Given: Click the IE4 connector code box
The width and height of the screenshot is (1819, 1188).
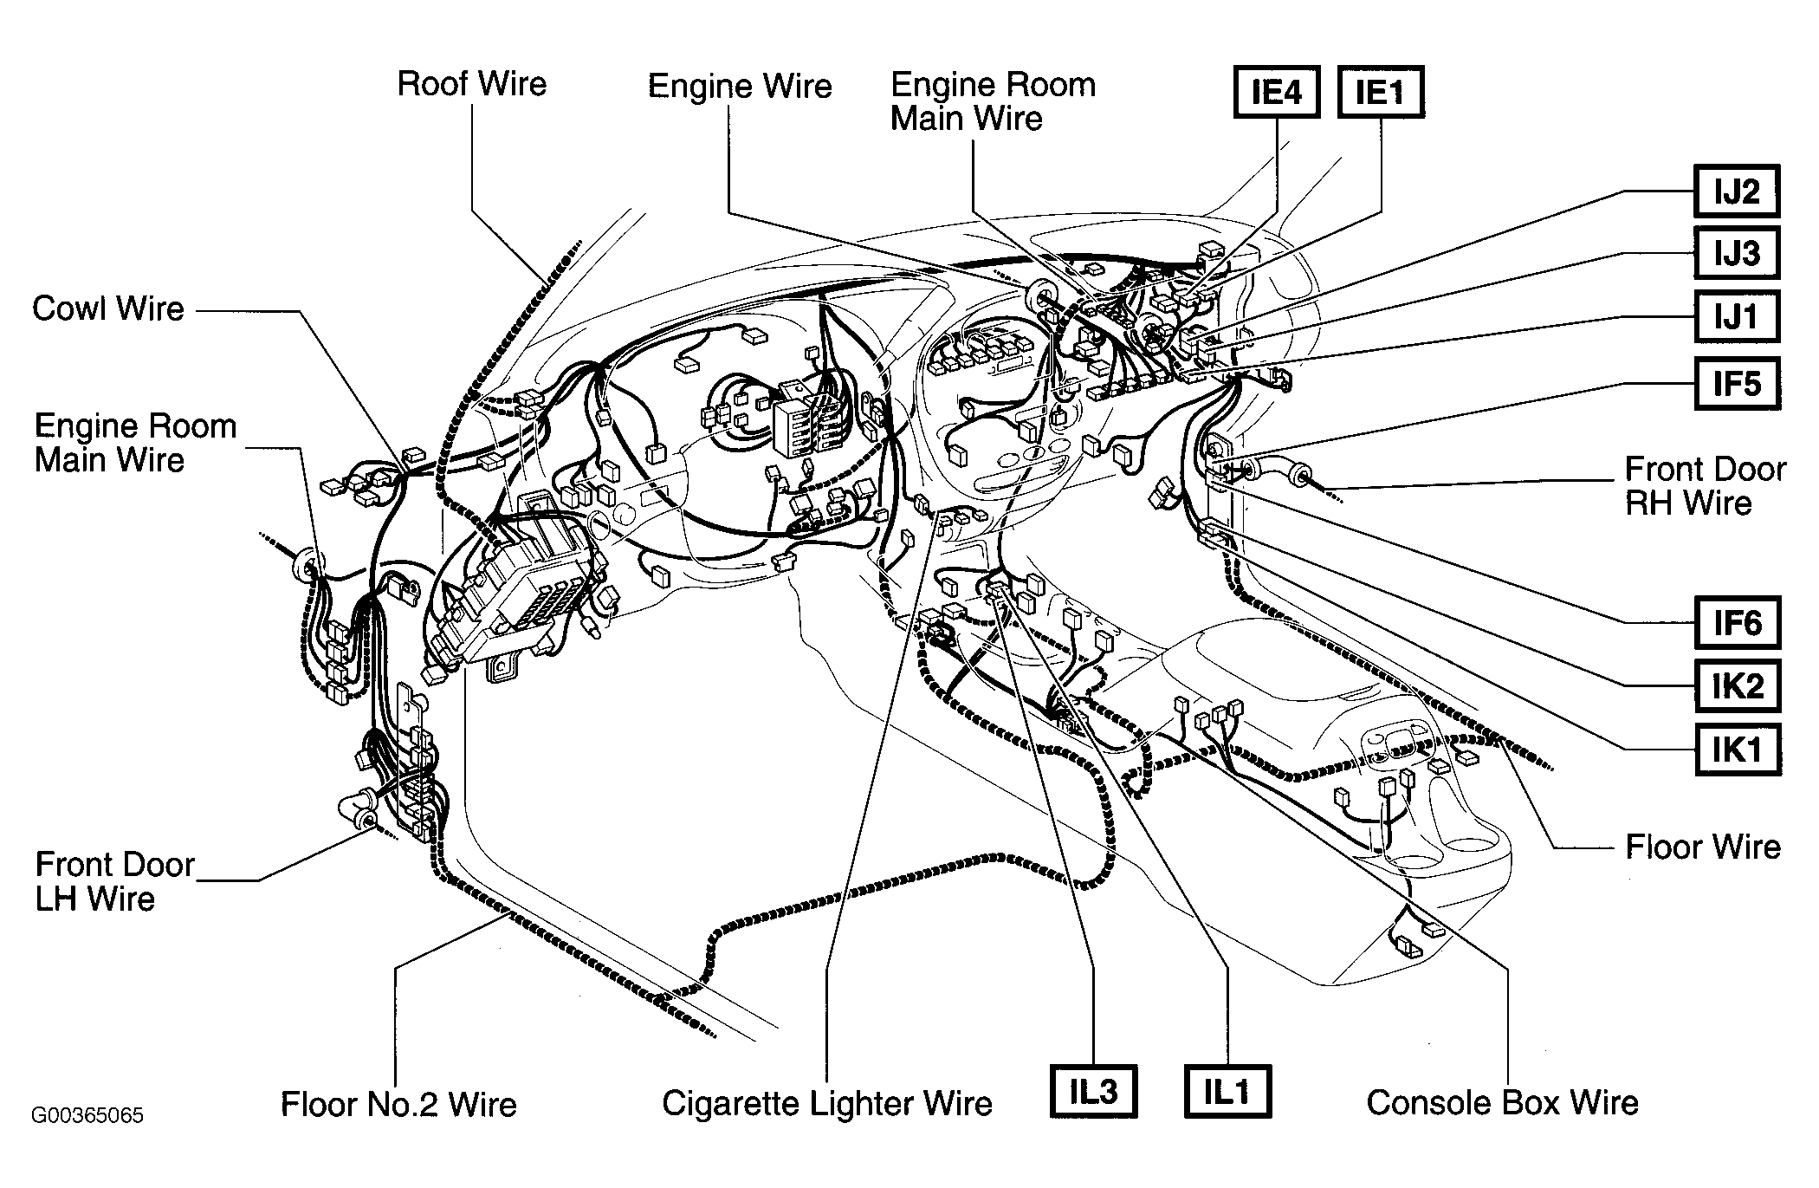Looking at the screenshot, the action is coord(1277,92).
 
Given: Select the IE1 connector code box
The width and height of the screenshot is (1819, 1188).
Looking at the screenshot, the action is coord(1381,92).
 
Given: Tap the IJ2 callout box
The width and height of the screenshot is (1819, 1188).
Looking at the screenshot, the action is coord(1736,191).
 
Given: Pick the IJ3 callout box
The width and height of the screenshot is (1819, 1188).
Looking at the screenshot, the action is coord(1736,253).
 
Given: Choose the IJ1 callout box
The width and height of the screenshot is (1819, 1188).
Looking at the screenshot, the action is coord(1736,316).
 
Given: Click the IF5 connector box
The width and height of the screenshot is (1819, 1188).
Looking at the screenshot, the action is coord(1736,383).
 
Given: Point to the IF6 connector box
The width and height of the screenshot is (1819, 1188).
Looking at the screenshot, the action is coord(1736,623).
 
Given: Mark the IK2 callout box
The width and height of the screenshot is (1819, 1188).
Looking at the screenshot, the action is coord(1736,686).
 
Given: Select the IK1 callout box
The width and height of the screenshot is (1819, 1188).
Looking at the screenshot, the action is coord(1736,749).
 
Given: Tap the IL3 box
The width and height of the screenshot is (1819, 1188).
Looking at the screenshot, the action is coord(1093,1092).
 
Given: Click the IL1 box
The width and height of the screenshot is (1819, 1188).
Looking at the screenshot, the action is coord(1227,1092).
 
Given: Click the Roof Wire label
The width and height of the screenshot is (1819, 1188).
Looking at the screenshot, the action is coord(472,84).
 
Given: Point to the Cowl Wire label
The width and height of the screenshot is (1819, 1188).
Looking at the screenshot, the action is coord(108,308).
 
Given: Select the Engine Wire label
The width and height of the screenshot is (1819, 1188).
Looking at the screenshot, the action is coord(740,86).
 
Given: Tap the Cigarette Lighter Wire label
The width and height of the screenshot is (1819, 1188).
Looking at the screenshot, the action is coord(827,1103).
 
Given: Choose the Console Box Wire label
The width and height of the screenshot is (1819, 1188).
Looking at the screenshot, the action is coord(1503,1102).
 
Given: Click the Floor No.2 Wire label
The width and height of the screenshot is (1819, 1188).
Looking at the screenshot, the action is coord(398,1104).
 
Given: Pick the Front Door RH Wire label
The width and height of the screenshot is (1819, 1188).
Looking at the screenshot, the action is coord(1705,486).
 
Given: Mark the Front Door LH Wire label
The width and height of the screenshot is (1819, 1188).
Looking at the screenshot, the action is coord(114,881).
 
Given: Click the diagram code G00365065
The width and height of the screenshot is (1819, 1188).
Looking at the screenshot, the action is coord(87,1115).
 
